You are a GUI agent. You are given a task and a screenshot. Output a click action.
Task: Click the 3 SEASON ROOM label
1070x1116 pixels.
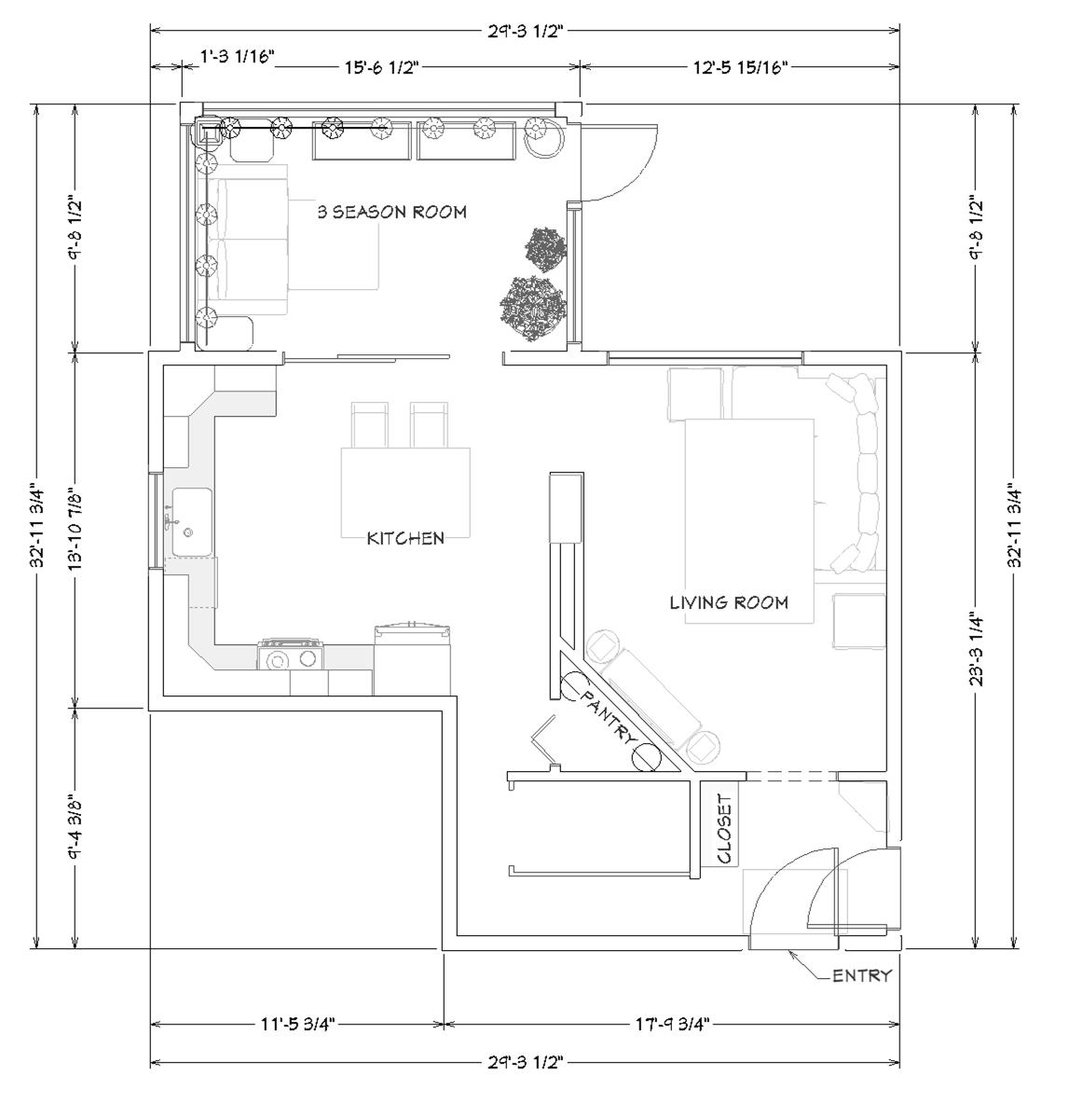click(392, 212)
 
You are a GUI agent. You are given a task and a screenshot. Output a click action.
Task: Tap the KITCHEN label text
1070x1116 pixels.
click(405, 538)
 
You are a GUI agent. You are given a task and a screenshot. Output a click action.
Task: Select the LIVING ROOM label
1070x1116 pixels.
click(729, 603)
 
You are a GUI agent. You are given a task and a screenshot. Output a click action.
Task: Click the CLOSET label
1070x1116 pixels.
click(724, 829)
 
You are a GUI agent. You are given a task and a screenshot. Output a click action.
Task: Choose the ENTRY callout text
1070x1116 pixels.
click(862, 975)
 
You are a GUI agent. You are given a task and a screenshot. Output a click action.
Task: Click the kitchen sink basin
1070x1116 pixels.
click(191, 522)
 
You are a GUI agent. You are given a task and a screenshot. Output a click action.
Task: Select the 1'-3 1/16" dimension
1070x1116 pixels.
click(238, 57)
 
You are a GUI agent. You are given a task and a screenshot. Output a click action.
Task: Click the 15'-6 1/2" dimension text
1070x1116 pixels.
click(383, 68)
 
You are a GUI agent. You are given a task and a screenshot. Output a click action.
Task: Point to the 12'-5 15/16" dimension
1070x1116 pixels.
click(741, 68)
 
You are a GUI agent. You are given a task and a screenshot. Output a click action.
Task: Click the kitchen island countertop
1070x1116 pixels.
click(405, 492)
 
